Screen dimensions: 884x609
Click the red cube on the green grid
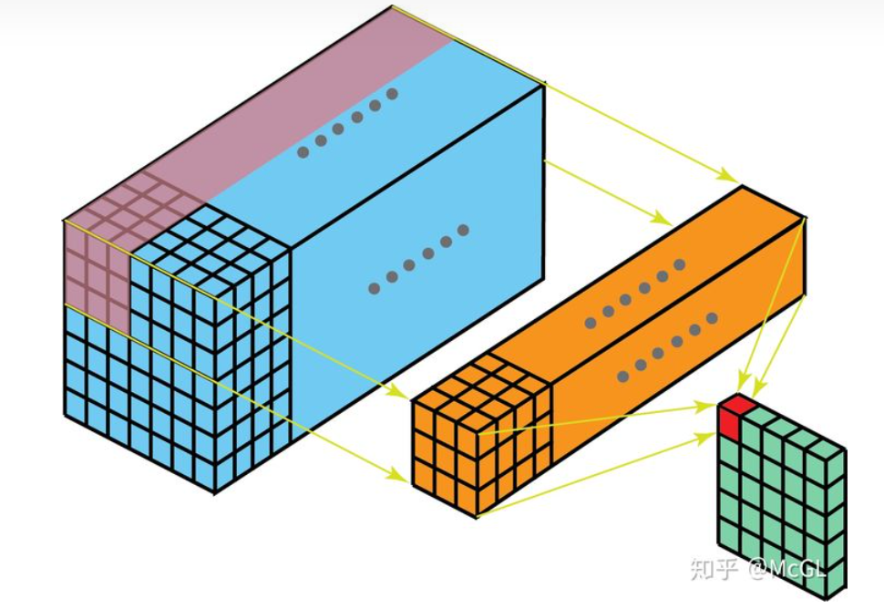click(734, 418)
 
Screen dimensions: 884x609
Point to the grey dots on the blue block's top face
click(347, 124)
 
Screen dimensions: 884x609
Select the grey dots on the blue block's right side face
click(418, 259)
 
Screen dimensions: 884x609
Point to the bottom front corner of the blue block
click(215, 492)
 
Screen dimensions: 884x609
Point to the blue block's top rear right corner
click(544, 84)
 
